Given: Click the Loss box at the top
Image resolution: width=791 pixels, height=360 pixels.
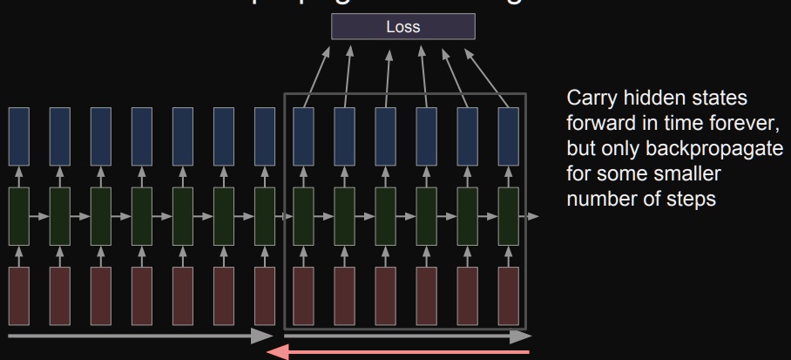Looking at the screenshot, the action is pyautogui.click(x=403, y=27).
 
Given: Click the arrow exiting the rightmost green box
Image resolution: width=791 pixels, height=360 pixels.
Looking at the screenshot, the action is pyautogui.click(x=531, y=214).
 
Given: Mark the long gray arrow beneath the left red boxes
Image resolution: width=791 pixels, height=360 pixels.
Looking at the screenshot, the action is pyautogui.click(x=139, y=335).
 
